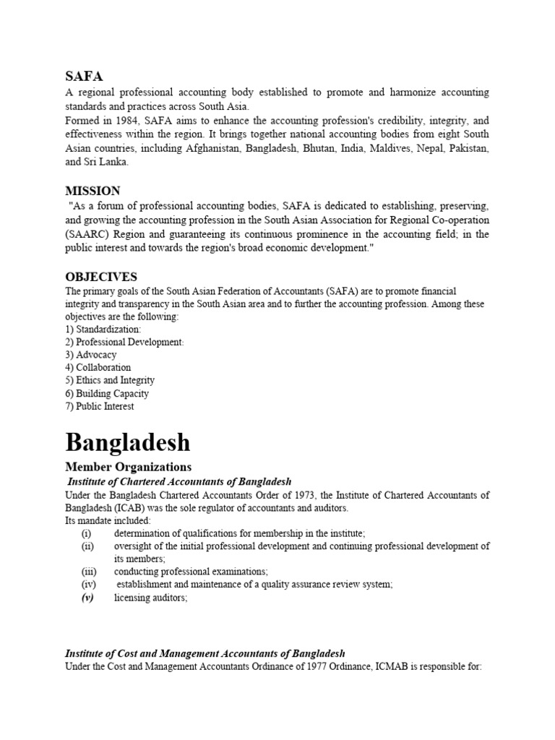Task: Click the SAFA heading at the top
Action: click(84, 76)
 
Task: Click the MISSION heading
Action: click(92, 191)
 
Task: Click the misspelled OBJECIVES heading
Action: click(101, 277)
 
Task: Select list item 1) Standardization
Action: click(103, 329)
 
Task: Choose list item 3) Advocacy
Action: click(91, 355)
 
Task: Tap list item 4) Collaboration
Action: click(98, 367)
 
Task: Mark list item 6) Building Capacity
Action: click(107, 393)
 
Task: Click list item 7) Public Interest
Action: click(100, 406)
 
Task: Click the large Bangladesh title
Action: click(128, 442)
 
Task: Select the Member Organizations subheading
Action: click(129, 467)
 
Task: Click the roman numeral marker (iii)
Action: click(88, 571)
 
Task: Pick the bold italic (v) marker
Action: click(87, 597)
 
